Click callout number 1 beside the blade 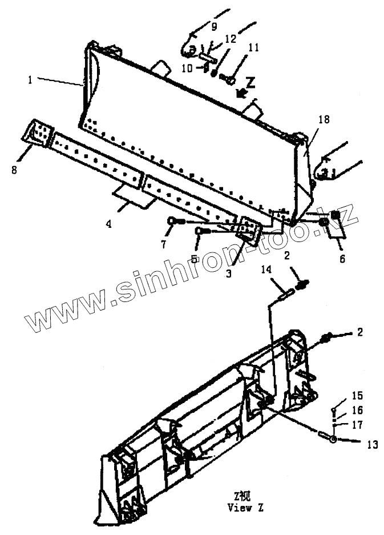click(30, 80)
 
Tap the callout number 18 click(324, 119)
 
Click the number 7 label click(163, 246)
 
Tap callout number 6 click(342, 258)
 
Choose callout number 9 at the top click(215, 26)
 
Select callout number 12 click(229, 39)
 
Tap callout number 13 click(372, 444)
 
